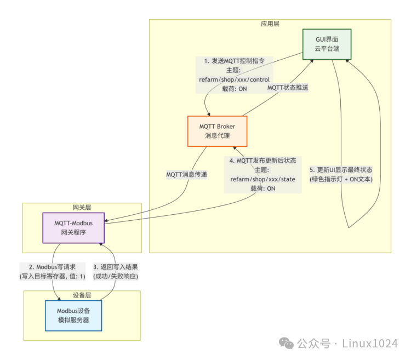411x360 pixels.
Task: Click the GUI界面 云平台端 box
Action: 327,44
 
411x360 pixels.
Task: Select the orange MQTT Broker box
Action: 217,131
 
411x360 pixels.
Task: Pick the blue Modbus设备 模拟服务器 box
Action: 73,315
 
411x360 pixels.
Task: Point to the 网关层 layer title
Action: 82,207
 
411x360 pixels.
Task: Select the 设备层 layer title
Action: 82,295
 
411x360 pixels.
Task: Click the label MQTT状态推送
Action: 288,87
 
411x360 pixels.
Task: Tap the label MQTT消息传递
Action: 187,174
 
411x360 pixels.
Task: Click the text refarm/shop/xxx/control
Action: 234,79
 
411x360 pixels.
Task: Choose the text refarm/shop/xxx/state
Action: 263,179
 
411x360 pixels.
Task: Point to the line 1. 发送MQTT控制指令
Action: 234,61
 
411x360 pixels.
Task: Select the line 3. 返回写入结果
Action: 115,267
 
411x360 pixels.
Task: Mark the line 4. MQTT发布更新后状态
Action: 263,160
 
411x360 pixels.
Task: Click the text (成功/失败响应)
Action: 115,276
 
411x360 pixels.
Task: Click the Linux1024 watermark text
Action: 370,344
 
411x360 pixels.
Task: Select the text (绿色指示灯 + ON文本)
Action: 341,179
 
